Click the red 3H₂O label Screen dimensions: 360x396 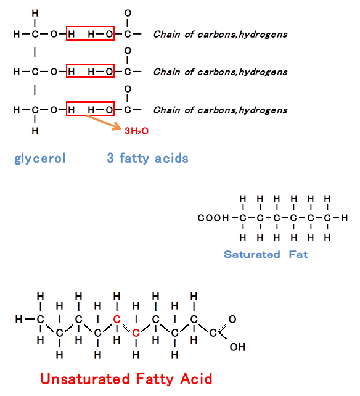[137, 131]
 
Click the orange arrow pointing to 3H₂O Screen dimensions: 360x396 [104, 123]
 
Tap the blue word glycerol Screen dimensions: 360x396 [40, 159]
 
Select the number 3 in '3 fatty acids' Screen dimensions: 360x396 [110, 158]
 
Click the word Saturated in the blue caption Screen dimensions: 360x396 [252, 254]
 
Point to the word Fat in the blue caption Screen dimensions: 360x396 [298, 254]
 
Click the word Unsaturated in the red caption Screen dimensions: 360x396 [85, 379]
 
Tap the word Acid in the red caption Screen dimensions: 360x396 [196, 379]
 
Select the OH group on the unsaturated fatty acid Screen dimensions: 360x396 [237, 347]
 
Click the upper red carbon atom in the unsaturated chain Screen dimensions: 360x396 [117, 320]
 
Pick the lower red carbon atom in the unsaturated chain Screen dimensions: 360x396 [136, 333]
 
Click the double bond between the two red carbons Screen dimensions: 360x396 [126, 328]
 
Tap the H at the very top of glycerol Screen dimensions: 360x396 [35, 13]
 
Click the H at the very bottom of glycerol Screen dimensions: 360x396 [35, 131]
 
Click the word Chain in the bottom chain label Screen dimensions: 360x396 [166, 110]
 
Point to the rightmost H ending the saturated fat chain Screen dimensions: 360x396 [345, 218]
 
